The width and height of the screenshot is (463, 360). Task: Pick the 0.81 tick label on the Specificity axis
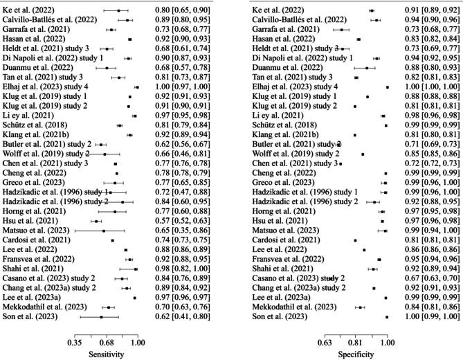[355, 342]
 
